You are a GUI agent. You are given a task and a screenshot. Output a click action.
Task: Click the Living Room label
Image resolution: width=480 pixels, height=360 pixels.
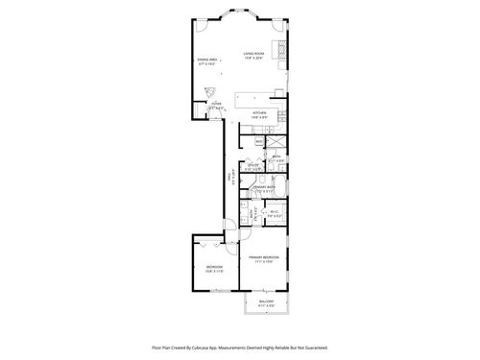[x=253, y=57]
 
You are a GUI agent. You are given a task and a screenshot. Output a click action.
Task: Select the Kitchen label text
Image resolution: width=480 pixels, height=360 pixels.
[x=258, y=114]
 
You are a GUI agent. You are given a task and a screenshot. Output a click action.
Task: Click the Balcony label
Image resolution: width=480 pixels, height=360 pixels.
[x=267, y=302]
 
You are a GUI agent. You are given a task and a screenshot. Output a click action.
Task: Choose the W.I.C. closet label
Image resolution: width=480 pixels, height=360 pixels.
[x=274, y=213]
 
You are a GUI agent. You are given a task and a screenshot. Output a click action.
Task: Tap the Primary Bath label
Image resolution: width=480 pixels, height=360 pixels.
[x=264, y=188]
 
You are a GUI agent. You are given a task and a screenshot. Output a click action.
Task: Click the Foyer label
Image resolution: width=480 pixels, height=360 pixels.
[x=218, y=106]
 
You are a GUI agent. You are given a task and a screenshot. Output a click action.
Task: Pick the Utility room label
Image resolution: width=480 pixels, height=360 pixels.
[x=254, y=165]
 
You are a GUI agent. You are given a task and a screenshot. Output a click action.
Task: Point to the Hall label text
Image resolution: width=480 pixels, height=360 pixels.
[x=230, y=177]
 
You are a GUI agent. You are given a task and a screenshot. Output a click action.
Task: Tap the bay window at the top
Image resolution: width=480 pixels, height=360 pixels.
[x=240, y=12]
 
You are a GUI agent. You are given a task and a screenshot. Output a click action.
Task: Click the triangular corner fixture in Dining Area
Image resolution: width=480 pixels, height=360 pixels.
[x=213, y=91]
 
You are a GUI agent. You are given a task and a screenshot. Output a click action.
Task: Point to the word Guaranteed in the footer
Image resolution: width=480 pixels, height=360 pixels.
[x=312, y=348]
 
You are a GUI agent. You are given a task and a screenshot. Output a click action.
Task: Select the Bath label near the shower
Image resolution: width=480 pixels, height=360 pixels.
[x=276, y=156]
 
